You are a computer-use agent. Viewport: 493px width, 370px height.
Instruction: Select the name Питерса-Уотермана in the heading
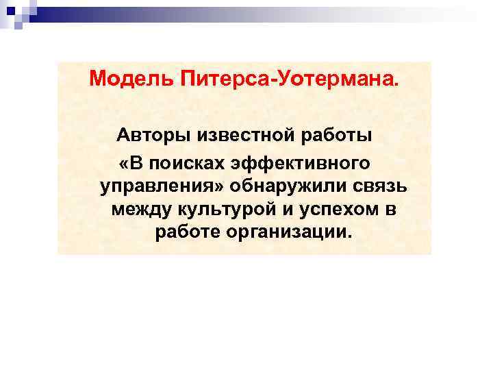click(x=287, y=81)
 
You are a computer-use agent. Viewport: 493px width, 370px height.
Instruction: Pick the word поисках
click(x=188, y=163)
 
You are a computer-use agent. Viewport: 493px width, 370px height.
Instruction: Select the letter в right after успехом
click(x=390, y=209)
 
